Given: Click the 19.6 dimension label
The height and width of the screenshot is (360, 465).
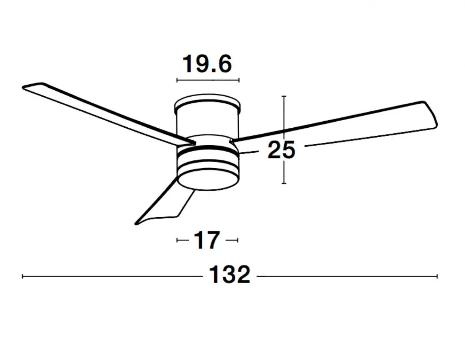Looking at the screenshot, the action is [x=207, y=64].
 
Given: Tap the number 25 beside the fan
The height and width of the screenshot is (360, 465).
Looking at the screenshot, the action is [x=281, y=150].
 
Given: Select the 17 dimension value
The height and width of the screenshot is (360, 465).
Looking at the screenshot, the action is [x=207, y=240].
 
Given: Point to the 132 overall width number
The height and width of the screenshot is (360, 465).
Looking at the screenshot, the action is [x=230, y=275].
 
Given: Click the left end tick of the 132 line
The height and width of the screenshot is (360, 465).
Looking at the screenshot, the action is [x=23, y=276].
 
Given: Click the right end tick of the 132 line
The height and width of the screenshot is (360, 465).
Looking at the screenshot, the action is [x=437, y=276].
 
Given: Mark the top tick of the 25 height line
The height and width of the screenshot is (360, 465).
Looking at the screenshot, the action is [x=284, y=96].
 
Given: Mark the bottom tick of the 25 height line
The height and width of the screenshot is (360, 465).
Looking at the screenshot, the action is [x=284, y=183].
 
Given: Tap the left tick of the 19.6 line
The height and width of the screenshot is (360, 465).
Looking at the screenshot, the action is [x=177, y=80].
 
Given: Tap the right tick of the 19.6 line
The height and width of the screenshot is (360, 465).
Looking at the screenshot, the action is [x=239, y=80].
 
